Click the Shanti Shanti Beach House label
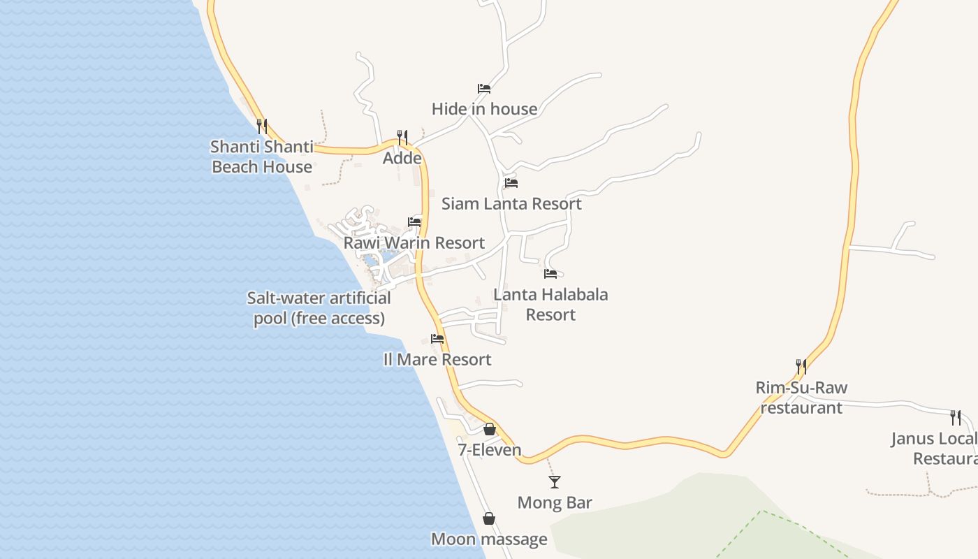[262, 157]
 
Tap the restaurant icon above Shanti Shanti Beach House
[262, 126]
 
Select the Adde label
[402, 159]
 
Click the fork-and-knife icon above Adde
[402, 137]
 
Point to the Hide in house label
[484, 109]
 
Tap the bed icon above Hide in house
[484, 89]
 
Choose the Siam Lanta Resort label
[511, 204]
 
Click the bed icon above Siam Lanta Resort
[511, 183]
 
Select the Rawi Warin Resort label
[414, 243]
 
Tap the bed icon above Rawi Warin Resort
[414, 222]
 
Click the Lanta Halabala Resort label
[550, 305]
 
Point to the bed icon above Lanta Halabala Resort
[550, 274]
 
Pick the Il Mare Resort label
[437, 360]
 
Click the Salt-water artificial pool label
[319, 308]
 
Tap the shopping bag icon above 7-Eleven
[490, 429]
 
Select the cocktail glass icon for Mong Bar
[555, 481]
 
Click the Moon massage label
[489, 539]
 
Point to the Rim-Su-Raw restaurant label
[801, 398]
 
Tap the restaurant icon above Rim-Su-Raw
[801, 367]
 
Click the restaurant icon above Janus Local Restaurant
[956, 418]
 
